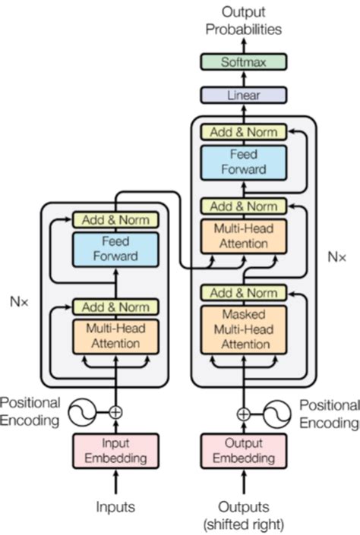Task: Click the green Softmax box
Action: click(243, 62)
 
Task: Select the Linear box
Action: click(243, 96)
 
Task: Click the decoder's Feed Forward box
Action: click(244, 162)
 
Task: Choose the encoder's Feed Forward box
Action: click(115, 249)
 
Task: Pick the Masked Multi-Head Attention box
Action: click(244, 329)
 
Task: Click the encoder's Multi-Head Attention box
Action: click(115, 336)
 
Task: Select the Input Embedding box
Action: click(115, 451)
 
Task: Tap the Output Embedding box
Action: click(244, 451)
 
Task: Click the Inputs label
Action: click(115, 505)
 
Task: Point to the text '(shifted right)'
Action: click(244, 522)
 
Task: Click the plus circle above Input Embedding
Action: click(115, 412)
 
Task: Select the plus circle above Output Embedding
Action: click(244, 414)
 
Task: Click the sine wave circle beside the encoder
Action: click(82, 412)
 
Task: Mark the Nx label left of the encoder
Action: click(21, 301)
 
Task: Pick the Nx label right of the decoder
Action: click(336, 256)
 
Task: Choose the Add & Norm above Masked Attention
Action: click(244, 293)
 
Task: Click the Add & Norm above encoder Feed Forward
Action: click(115, 220)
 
